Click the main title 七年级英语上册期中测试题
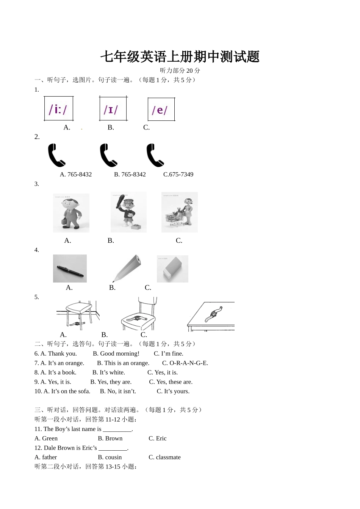pos(180,57)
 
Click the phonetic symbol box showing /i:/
pos(58,109)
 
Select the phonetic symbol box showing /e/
pos(161,109)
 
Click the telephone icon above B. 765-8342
pos(108,155)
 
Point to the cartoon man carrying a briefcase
pos(71,213)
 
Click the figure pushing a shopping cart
pos(179,212)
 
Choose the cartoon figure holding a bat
pos(128,212)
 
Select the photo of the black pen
pos(70,269)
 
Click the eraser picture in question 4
pos(172,269)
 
